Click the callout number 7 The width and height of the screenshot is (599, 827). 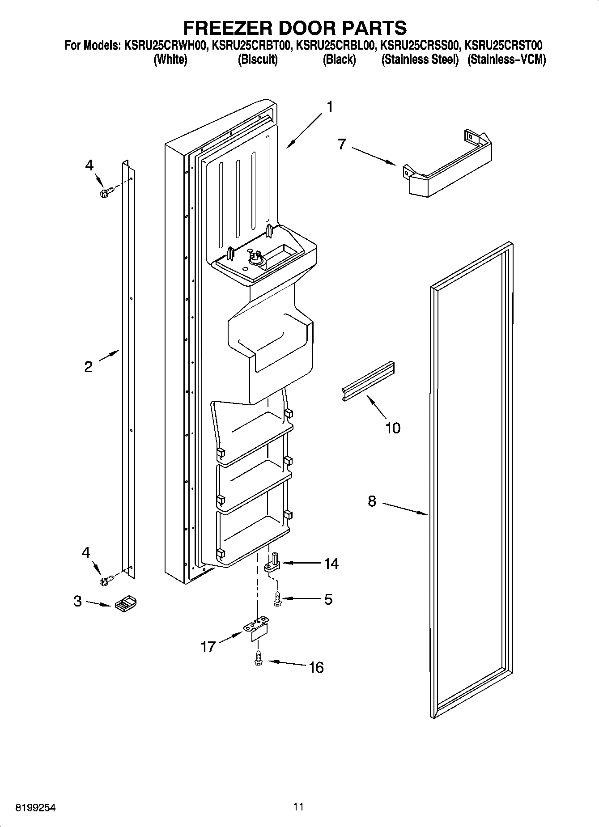click(342, 144)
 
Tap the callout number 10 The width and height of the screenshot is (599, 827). click(393, 428)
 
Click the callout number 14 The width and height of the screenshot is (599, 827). click(331, 564)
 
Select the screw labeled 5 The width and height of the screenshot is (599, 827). click(277, 598)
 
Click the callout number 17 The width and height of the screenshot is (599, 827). click(208, 647)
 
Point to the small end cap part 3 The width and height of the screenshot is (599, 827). click(126, 604)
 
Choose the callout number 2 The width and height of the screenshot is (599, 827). click(89, 367)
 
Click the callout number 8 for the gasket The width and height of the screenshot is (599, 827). click(372, 501)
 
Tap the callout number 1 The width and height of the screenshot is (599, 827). click(330, 107)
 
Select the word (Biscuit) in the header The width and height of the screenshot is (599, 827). click(257, 59)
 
